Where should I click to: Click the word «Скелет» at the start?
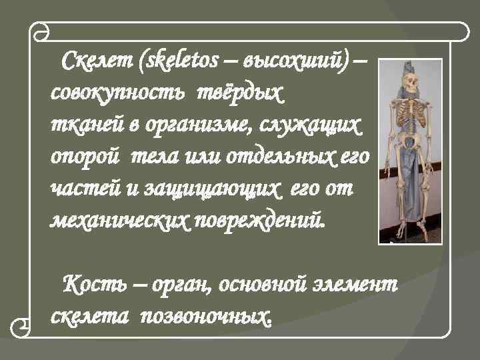pos(97,65)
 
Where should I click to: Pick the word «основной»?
pos(263,285)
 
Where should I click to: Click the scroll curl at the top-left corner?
pos(41,32)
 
